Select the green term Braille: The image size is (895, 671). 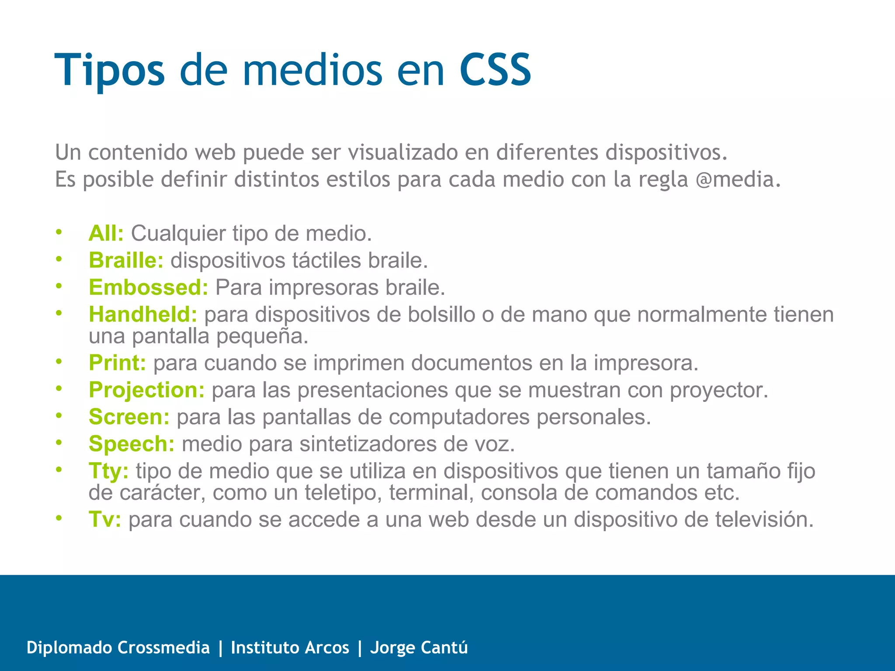[126, 260]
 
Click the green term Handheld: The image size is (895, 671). [143, 315]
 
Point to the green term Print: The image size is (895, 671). [117, 363]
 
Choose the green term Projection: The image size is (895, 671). [146, 390]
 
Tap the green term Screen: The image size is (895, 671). [129, 417]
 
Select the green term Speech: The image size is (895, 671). [132, 444]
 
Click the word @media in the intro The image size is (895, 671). [737, 180]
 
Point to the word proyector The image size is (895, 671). [719, 390]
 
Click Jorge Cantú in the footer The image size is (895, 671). [419, 647]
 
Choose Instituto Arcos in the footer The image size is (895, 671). [290, 647]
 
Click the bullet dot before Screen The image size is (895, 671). [59, 416]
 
